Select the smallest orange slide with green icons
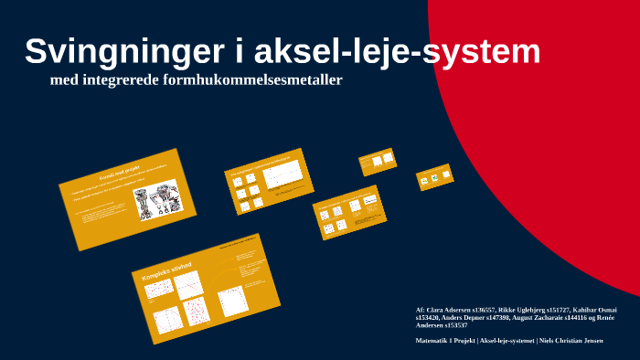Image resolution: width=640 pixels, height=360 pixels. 434,177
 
